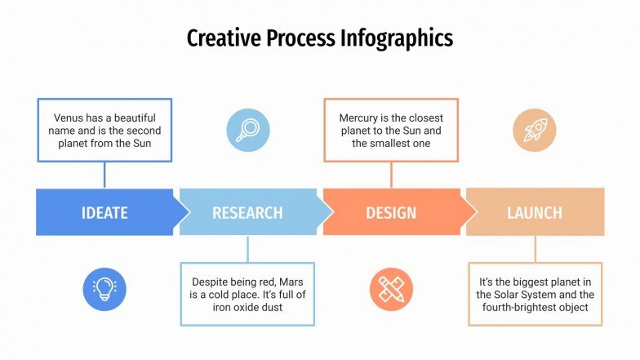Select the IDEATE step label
[x=104, y=213]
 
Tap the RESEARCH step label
[x=247, y=213]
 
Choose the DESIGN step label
[x=391, y=213]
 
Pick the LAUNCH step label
[x=535, y=213]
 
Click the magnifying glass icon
[x=247, y=130]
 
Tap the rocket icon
[x=535, y=130]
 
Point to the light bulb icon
[x=104, y=289]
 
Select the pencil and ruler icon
[x=391, y=289]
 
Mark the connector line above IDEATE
[x=104, y=174]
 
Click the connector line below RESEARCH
[x=247, y=249]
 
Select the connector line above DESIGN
[x=391, y=174]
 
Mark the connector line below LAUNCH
[x=536, y=249]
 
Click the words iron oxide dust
[x=247, y=308]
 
